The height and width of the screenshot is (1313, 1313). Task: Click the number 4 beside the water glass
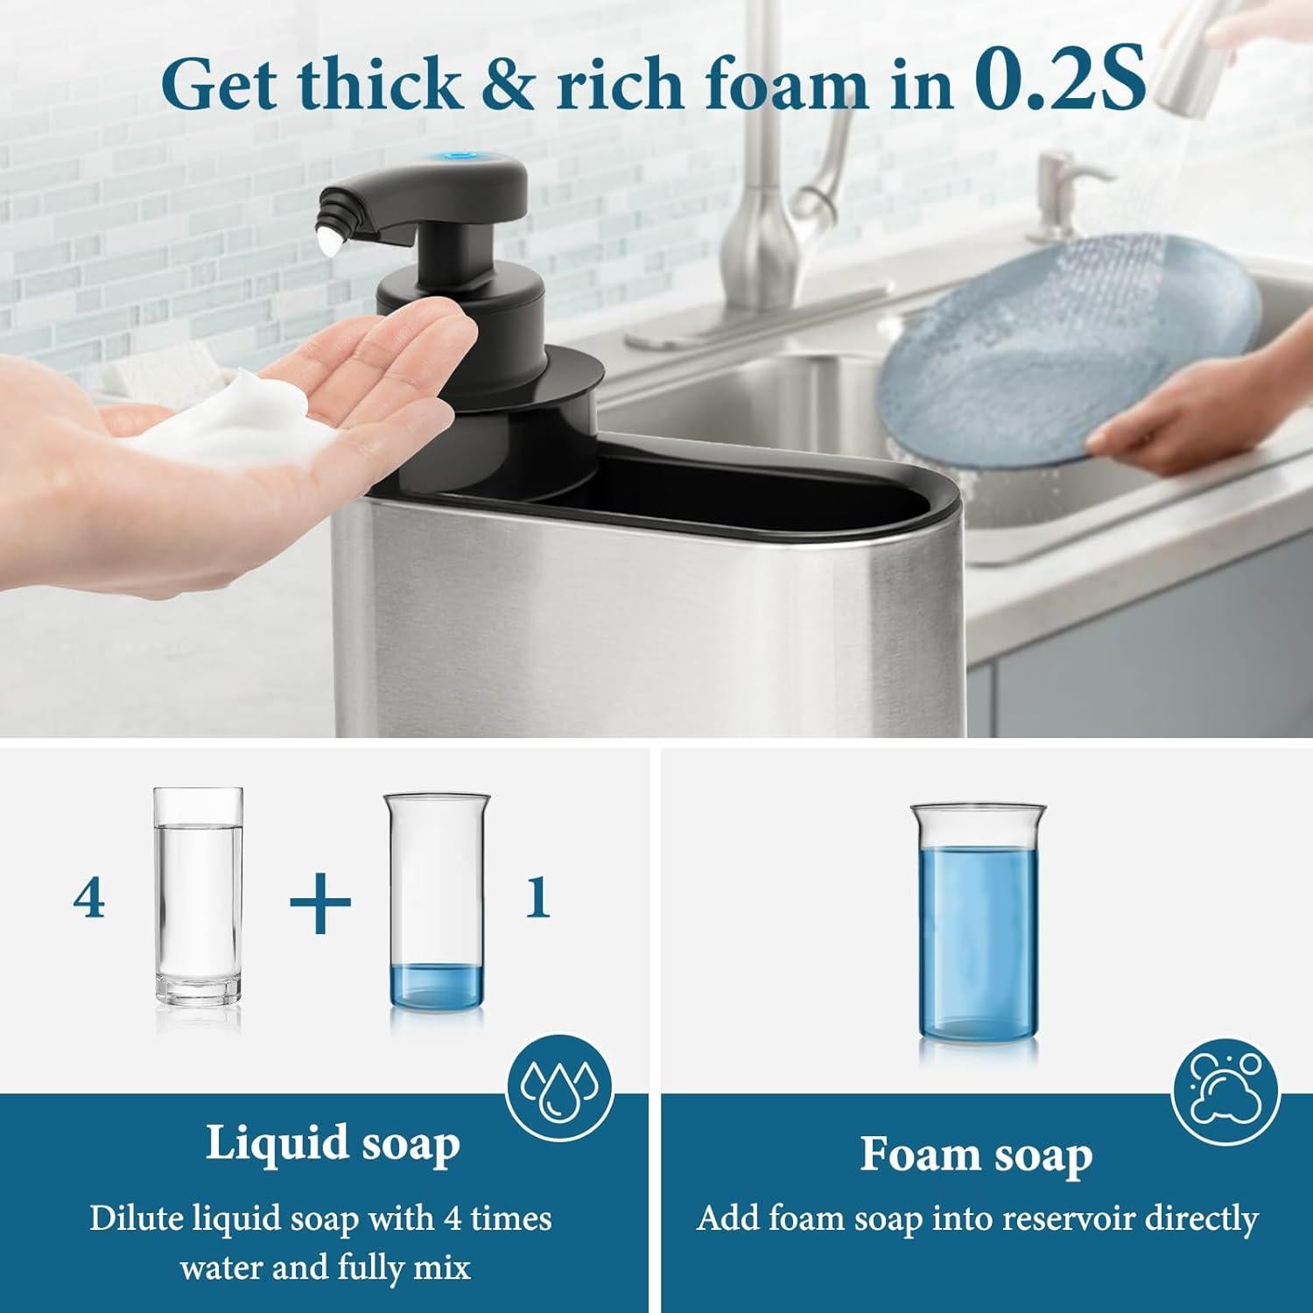click(89, 899)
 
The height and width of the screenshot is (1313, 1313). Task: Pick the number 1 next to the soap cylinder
click(537, 899)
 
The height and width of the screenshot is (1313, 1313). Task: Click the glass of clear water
click(197, 897)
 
